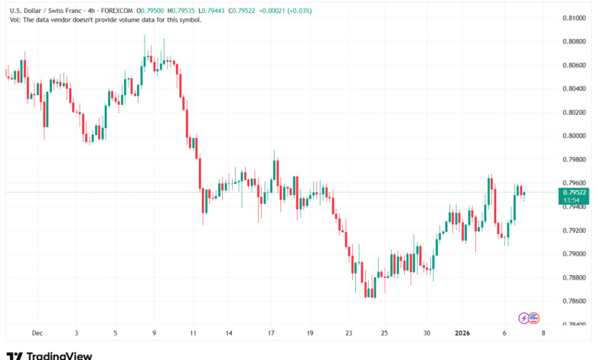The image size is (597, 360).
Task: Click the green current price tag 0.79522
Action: [574, 192]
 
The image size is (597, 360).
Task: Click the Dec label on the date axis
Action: [37, 333]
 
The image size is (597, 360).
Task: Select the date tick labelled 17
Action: [272, 333]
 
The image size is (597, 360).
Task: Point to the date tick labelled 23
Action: [349, 333]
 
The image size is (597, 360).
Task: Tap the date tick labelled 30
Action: [427, 333]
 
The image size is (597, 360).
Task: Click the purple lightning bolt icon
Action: [524, 317]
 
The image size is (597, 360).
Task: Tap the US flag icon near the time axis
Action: [534, 317]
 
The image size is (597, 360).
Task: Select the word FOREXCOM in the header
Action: [113, 10]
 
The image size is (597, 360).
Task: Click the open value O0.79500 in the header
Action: [152, 10]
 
